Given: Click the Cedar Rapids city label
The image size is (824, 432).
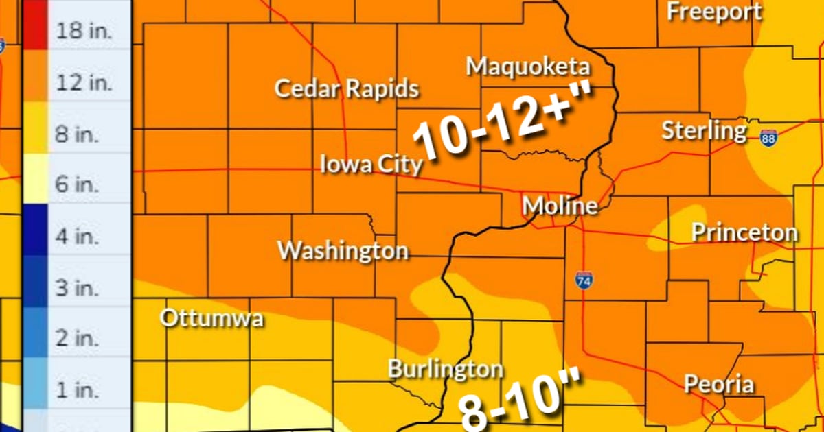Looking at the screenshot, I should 346,88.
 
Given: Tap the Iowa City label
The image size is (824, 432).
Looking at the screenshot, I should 371,165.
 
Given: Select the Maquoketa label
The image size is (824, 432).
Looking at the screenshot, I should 527,67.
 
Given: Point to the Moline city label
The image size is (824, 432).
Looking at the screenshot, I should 559,206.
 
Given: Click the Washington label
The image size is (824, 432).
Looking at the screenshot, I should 343,250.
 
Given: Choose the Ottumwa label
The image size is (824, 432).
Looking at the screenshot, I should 211,319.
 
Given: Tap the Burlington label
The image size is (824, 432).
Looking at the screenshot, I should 445,370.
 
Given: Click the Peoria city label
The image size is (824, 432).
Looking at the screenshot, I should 718,384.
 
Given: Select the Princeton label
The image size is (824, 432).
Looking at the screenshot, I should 744,232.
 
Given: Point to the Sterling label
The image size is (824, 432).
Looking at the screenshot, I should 704,130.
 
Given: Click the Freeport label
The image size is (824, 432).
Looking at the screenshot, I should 714,12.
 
